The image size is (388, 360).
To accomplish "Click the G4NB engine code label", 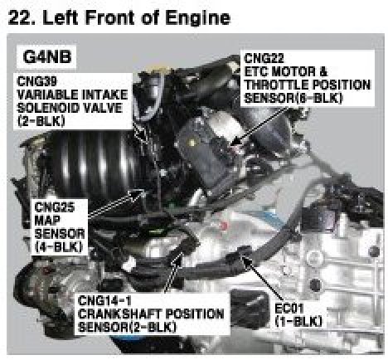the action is pyautogui.click(x=47, y=57).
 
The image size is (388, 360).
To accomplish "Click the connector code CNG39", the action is pyautogui.click(x=37, y=81).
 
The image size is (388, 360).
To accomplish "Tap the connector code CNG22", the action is pyautogui.click(x=264, y=58).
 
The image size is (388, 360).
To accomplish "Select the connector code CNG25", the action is pyautogui.click(x=55, y=207).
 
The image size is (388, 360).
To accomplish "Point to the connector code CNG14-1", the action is pyautogui.click(x=104, y=301).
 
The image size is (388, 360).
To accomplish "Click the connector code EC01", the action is pyautogui.click(x=289, y=309).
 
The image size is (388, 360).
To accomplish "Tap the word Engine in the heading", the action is pyautogui.click(x=197, y=17).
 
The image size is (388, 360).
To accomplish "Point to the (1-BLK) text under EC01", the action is pyautogui.click(x=298, y=322).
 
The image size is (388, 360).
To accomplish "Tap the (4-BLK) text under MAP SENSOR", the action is pyautogui.click(x=59, y=247).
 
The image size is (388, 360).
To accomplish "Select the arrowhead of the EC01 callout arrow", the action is pyautogui.click(x=244, y=260).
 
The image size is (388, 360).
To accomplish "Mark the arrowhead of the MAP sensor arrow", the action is pyautogui.click(x=138, y=194).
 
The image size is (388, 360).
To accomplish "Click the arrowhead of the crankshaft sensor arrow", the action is pyautogui.click(x=178, y=257).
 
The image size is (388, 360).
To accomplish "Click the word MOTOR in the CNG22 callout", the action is pyautogui.click(x=293, y=71).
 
